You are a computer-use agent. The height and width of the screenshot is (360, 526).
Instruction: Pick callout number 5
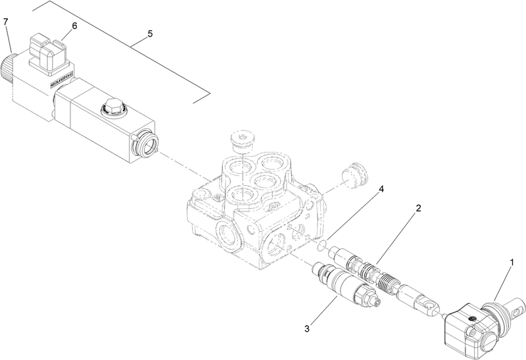coord(151,33)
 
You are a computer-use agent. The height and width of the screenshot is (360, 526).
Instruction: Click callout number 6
coord(74,26)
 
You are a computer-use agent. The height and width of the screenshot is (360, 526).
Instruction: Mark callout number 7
coord(6,22)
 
